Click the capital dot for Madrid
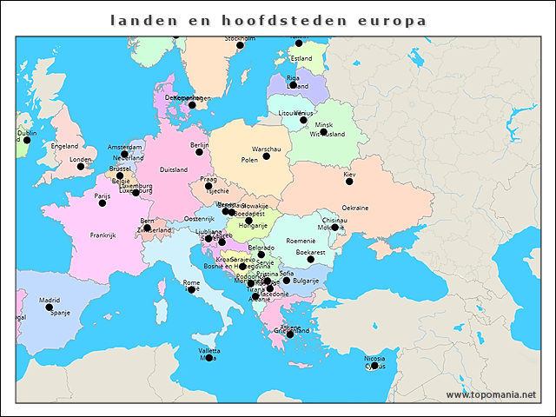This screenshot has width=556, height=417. point(50,308)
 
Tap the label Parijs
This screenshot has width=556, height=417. point(103,195)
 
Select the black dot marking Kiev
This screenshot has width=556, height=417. point(349,181)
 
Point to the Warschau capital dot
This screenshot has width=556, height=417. point(266,156)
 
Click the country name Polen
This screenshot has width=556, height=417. point(249,160)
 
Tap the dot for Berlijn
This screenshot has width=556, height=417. point(199,152)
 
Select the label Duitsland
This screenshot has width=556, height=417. point(174,170)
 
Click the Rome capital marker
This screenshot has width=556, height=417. point(192,289)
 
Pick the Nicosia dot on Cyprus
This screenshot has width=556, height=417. point(374,366)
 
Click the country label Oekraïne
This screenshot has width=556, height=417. point(354,208)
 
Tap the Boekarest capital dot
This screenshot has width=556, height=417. point(310,259)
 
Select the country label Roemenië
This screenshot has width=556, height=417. point(301,241)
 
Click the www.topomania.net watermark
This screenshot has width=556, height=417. point(492,394)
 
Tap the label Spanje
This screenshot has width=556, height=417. point(60,313)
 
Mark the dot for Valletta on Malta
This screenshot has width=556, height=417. point(208,357)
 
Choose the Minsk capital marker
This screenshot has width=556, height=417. point(323,132)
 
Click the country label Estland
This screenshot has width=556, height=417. point(301,59)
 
